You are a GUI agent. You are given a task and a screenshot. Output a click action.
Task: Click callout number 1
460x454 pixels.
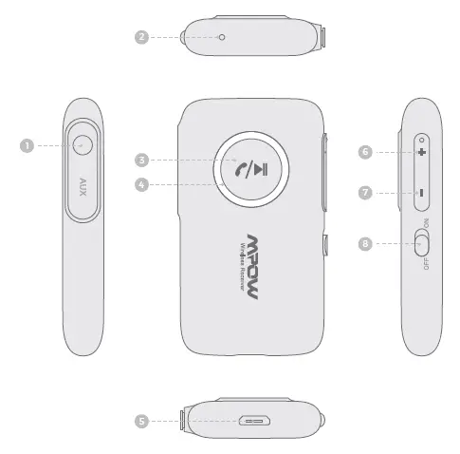point(28,145)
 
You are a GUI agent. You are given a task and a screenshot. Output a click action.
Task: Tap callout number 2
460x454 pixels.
point(141,37)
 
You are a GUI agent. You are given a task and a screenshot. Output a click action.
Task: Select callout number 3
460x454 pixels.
point(140,160)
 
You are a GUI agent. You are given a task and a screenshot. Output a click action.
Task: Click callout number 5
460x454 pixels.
point(141,419)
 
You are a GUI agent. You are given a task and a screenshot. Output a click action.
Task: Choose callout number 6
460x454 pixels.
point(365,151)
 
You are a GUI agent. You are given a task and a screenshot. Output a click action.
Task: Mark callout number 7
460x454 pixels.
point(365,193)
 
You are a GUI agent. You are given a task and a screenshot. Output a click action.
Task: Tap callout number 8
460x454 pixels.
point(365,244)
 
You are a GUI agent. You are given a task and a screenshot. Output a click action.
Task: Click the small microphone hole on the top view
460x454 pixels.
point(221,37)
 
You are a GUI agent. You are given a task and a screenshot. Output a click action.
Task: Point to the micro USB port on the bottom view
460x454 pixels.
point(254,419)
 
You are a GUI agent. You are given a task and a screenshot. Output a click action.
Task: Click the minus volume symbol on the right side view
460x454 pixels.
point(420,193)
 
